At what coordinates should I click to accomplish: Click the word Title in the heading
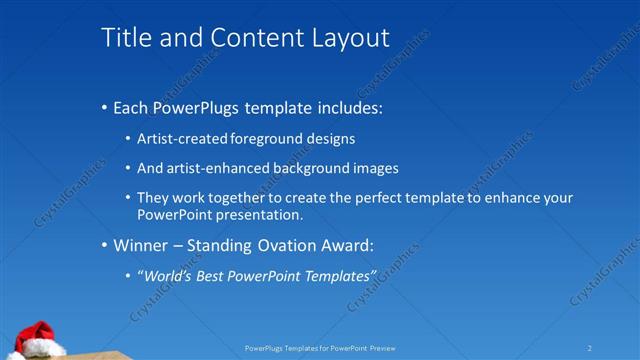[123, 38]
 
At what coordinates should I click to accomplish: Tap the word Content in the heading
[245, 38]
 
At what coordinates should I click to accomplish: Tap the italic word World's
[164, 275]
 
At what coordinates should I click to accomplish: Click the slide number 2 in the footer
[589, 348]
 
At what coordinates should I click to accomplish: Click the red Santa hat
[37, 335]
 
